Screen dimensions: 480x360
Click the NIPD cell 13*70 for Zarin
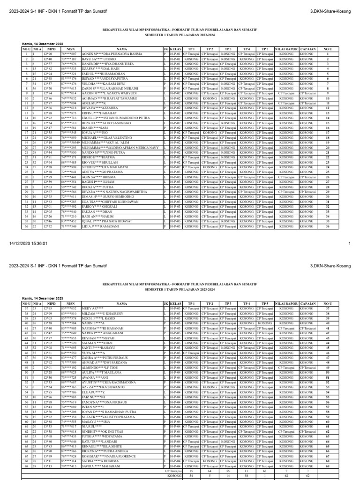click(x=48, y=88)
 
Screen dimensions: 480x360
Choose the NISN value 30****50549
click(x=70, y=142)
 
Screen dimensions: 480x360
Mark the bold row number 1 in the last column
click(x=328, y=54)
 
